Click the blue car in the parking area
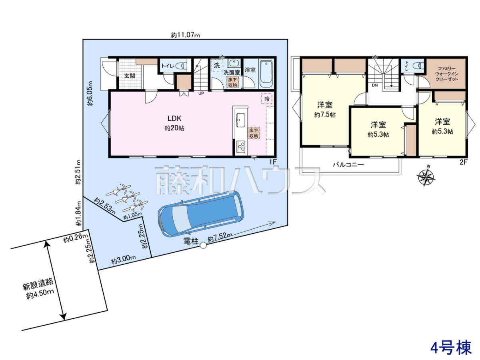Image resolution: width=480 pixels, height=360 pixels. (201, 214)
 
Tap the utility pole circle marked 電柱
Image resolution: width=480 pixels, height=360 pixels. (203, 246)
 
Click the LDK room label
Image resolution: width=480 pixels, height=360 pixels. (174, 118)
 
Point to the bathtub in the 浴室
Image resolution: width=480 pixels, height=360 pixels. (266, 73)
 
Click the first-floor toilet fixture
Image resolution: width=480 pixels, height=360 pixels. (181, 65)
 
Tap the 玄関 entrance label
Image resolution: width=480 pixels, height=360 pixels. (130, 76)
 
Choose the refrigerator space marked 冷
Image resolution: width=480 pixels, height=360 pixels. (267, 99)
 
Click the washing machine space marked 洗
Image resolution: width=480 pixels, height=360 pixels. (217, 65)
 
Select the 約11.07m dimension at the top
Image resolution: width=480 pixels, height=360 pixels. (186, 35)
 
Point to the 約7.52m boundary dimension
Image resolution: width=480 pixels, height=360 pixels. (220, 237)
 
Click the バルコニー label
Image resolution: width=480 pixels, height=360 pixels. (348, 164)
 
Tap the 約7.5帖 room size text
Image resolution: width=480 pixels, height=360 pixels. (325, 115)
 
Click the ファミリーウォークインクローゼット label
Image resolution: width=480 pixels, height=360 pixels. (446, 74)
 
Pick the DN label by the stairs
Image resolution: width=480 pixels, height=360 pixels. (374, 85)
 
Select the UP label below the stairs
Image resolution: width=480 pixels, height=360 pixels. (201, 93)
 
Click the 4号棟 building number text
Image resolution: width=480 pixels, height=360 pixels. (451, 347)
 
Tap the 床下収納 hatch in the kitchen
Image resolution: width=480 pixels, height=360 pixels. (254, 133)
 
